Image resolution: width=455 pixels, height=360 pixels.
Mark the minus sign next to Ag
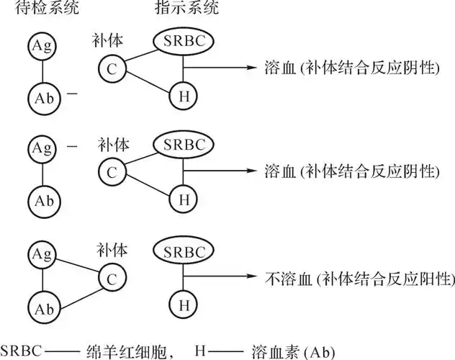tap(72, 148)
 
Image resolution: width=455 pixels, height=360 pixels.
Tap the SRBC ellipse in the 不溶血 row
tap(184, 251)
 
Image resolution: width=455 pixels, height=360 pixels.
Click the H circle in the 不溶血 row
tap(184, 305)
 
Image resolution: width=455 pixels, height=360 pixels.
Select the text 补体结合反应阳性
tap(385, 276)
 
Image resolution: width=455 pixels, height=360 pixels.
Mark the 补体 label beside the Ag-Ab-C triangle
tap(113, 250)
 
